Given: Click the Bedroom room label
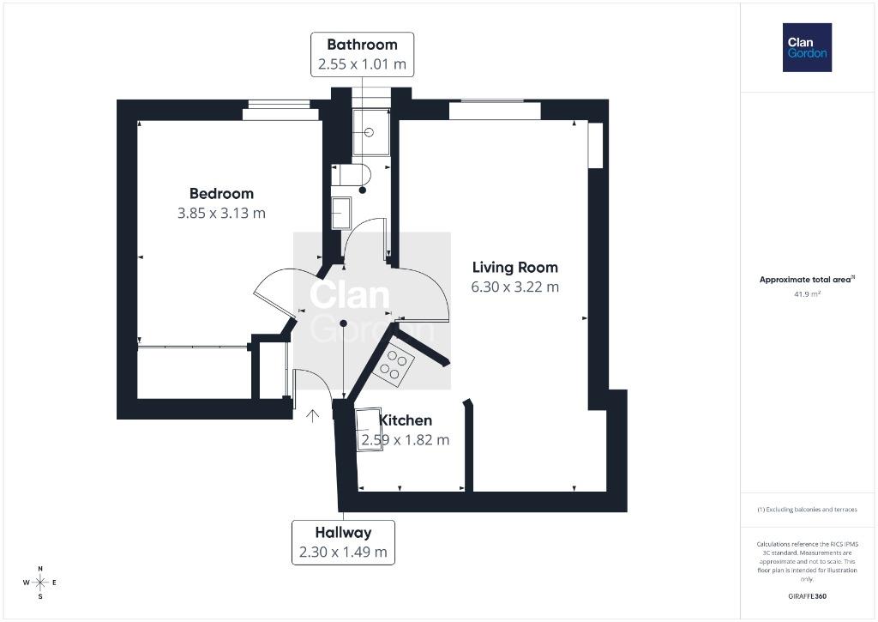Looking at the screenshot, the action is click(x=222, y=193).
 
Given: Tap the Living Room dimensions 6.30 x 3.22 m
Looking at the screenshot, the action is click(x=514, y=287).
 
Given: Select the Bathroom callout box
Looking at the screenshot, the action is click(x=363, y=54).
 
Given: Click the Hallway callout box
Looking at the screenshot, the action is click(x=343, y=542).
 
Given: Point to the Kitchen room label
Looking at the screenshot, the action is click(x=406, y=420).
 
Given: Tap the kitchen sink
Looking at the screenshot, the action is click(x=369, y=430).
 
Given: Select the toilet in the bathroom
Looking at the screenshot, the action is click(x=351, y=175).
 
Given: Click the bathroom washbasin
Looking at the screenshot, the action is click(x=341, y=213).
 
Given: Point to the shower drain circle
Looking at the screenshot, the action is click(x=369, y=133).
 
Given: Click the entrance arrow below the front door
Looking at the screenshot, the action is click(x=312, y=415).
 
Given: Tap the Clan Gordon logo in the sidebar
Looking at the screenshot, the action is click(x=807, y=48).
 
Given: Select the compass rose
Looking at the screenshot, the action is click(x=40, y=583).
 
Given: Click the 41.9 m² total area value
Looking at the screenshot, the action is click(x=807, y=293).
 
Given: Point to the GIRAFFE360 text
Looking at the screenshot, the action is click(x=807, y=596).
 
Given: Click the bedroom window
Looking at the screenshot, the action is click(x=280, y=111).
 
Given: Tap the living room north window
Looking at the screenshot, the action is click(x=495, y=110).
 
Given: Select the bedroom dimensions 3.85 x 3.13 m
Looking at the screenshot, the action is click(x=222, y=213).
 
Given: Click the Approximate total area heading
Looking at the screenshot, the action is click(x=807, y=279).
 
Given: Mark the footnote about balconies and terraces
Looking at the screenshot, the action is click(x=807, y=510).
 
